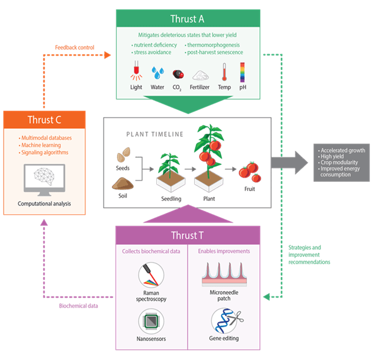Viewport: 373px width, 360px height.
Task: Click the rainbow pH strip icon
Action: (x=242, y=71)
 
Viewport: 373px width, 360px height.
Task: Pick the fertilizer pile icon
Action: (x=201, y=76)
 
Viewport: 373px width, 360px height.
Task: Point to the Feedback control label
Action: (x=74, y=46)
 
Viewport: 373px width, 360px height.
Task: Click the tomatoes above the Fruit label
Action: (x=250, y=172)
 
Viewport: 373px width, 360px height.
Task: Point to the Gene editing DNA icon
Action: (x=223, y=320)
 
